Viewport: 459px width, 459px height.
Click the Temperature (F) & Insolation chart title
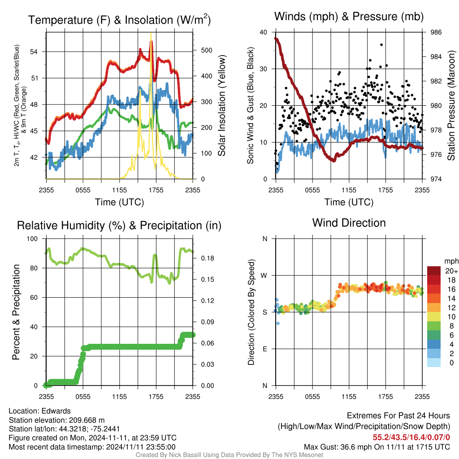point(119,20)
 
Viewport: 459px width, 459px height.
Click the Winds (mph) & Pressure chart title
point(349,17)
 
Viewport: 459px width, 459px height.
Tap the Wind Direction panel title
point(349,223)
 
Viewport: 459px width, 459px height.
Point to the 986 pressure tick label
point(436,32)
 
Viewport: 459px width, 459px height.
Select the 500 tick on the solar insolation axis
point(206,50)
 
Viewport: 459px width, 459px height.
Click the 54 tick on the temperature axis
point(34,52)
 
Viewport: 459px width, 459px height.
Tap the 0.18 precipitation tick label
point(208,258)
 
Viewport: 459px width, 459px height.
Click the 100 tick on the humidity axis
point(32,238)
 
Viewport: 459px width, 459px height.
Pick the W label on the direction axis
point(264,276)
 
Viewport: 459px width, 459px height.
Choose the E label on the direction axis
point(265,349)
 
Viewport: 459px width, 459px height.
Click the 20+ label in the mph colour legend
point(451,271)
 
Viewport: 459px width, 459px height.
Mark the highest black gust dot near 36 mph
point(381,45)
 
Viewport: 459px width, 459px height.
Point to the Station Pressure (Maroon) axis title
point(451,105)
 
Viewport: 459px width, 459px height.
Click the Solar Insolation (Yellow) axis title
point(222,105)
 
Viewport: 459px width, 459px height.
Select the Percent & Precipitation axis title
point(16,312)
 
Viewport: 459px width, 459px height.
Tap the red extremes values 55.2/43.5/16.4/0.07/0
point(411,437)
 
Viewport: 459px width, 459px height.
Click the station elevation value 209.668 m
point(87,420)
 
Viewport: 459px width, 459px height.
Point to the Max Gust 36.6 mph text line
point(377,447)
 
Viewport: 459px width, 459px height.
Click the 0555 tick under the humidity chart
point(83,397)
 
